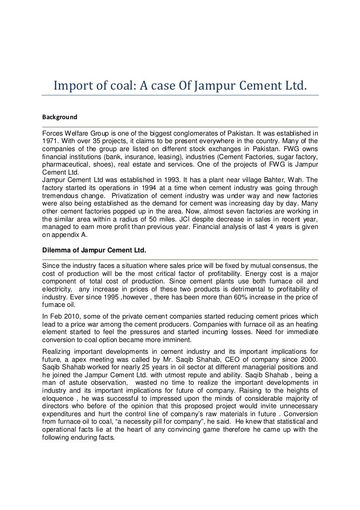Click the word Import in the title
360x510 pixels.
click(70, 86)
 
